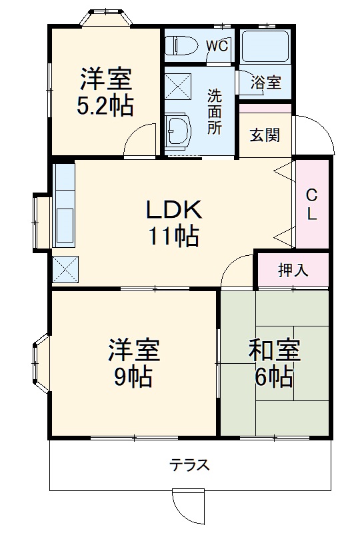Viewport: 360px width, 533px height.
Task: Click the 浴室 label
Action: coord(266,83)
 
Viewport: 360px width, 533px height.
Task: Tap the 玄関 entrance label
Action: coord(265,135)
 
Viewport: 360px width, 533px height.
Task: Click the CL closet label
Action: coord(311,205)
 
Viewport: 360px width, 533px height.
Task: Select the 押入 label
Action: coord(293,270)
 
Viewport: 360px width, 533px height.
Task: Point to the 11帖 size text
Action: coord(173,235)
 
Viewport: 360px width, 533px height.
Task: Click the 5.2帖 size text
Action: coord(105,106)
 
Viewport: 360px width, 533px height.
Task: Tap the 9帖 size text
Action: coord(133,377)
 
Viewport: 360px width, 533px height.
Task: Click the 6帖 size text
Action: coord(273,377)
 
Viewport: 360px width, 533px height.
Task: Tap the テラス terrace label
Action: coord(190,464)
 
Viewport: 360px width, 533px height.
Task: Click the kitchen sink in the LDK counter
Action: coord(65,225)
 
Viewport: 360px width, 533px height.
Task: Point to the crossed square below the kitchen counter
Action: coord(65,270)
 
